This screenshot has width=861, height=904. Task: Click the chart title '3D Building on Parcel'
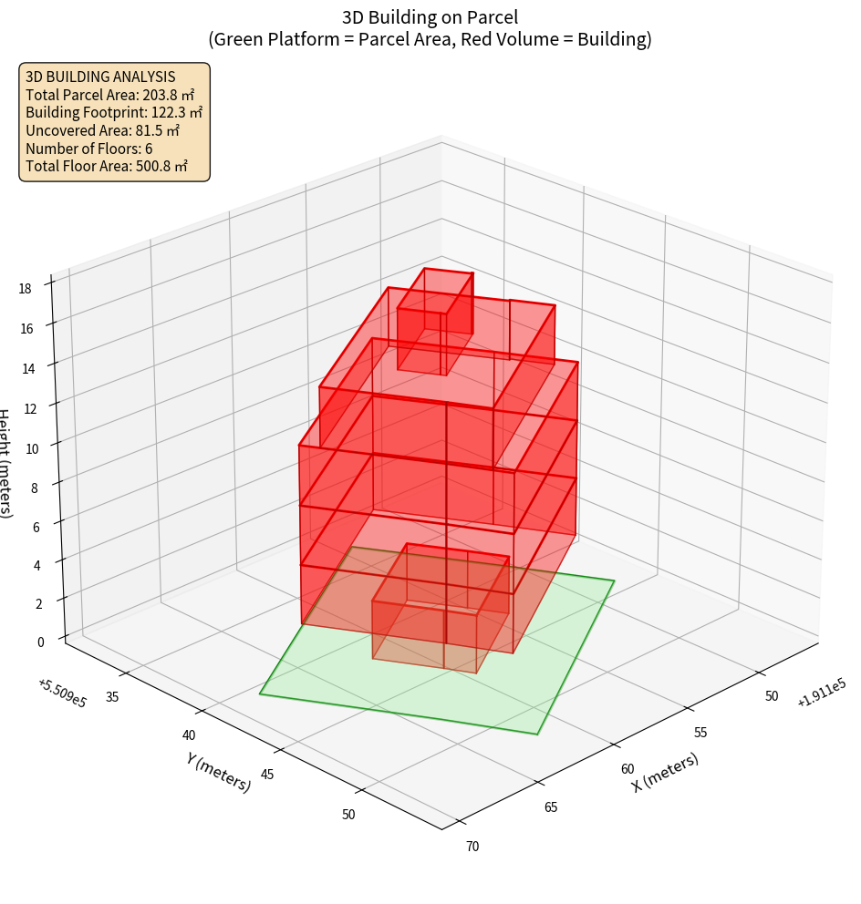[x=430, y=16]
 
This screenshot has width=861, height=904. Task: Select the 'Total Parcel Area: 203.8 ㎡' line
[x=110, y=94]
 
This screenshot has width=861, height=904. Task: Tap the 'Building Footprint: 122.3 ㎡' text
[x=114, y=112]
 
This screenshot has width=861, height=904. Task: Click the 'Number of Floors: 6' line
[x=89, y=148]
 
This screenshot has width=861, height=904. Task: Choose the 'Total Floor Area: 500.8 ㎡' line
[x=107, y=166]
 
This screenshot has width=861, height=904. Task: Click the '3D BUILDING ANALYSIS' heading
[x=100, y=77]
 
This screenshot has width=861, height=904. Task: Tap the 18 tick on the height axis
[x=25, y=288]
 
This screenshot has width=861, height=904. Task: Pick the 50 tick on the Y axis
[x=348, y=814]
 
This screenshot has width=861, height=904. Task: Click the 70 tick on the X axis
[x=472, y=846]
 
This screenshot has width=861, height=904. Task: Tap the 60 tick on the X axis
[x=628, y=769]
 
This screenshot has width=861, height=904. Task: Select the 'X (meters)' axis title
[x=666, y=772]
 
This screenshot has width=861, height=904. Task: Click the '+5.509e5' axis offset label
[x=63, y=693]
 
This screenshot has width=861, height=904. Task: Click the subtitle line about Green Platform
[x=430, y=39]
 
